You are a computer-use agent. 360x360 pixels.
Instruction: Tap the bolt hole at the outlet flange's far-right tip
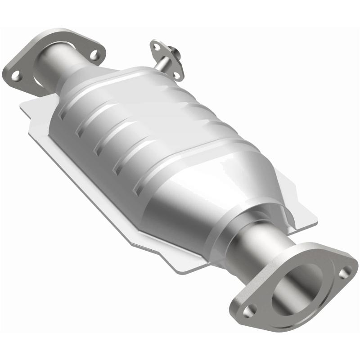tap(345, 271)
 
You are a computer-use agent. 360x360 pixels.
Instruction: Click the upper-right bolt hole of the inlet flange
tap(94, 55)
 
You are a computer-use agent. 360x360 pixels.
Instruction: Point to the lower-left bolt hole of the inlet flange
tap(15, 76)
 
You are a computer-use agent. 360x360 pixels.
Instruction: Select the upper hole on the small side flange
tap(157, 46)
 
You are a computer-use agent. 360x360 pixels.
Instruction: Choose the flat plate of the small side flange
tap(167, 58)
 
